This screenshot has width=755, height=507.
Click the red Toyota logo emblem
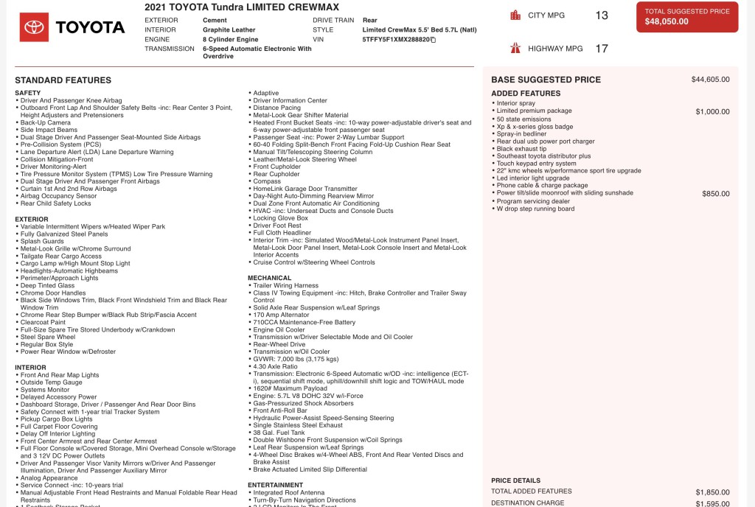coord(34,27)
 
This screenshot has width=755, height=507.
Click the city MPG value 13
coord(602,15)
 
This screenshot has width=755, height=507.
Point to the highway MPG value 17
coord(602,49)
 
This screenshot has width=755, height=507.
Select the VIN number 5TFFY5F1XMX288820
coord(396,39)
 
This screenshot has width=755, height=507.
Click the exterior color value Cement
coord(215,20)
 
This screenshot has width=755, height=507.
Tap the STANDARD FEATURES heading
coord(63,80)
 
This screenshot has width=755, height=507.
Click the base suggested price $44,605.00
coord(710,80)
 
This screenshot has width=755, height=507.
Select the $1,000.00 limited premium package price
coord(712,111)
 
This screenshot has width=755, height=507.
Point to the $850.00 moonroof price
coord(715,194)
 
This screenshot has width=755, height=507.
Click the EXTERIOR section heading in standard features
coord(31,219)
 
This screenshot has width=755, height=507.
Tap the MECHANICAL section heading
coord(269,278)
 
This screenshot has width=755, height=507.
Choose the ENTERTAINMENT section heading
coord(275,485)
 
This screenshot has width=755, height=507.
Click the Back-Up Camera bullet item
coord(46,122)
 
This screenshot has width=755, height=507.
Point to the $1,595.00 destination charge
coord(712,504)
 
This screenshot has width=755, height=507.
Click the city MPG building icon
coord(515,15)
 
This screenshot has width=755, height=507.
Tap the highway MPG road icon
coord(515,49)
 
